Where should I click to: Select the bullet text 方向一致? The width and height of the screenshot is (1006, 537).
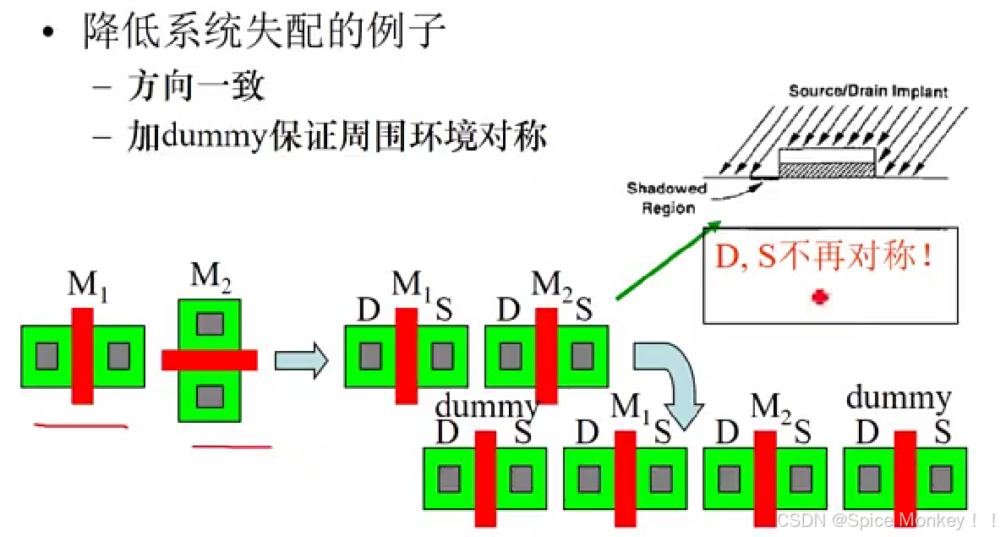(x=197, y=86)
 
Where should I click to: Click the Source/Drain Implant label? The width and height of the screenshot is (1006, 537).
(x=868, y=91)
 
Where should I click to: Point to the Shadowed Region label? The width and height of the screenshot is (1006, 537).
(x=667, y=198)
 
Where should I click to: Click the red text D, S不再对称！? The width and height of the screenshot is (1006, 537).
(x=824, y=256)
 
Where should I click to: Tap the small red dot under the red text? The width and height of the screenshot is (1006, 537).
(x=818, y=297)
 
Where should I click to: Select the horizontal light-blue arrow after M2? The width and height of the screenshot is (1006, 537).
(x=301, y=360)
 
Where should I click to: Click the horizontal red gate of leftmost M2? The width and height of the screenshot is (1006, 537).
(x=209, y=360)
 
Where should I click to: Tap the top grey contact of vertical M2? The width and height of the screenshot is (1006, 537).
(x=209, y=322)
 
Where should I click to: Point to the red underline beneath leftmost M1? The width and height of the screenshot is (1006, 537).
(x=80, y=425)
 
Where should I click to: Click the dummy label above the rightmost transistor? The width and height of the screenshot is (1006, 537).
(x=899, y=397)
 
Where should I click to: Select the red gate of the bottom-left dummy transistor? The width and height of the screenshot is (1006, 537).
(x=485, y=478)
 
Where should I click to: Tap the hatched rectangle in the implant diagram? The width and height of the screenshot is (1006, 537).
(x=825, y=169)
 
